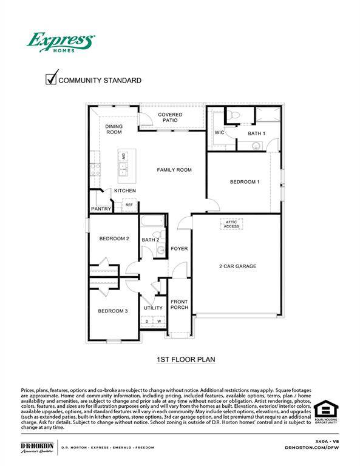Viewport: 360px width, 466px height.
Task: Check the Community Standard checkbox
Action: coord(52,79)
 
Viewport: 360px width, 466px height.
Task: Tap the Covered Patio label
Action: coord(170,117)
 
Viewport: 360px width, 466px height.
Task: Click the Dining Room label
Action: coord(114,129)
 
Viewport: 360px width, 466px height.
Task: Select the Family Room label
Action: coord(174,170)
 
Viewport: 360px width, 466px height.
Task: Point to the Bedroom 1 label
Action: coord(245,182)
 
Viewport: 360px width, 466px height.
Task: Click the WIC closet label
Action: coord(220,132)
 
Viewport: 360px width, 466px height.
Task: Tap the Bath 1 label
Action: coord(256,133)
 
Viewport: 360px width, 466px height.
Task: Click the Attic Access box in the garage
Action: coord(233,225)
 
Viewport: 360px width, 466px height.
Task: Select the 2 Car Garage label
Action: coord(238,266)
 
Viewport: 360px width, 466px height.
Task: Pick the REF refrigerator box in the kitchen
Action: coord(129,205)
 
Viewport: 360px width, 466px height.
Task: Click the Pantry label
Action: coord(101,209)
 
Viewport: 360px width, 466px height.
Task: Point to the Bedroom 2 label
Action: coord(114,238)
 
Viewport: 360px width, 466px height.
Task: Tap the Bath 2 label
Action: coord(151,240)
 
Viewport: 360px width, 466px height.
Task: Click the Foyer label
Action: coord(179,249)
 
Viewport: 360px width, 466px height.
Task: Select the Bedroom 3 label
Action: coord(113,311)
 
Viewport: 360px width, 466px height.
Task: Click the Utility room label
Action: coord(153,308)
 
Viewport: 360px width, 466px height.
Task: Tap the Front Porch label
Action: coord(179,305)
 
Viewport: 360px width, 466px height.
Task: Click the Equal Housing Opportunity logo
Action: coord(326,411)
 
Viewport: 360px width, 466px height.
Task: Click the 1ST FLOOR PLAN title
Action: coord(186,360)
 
